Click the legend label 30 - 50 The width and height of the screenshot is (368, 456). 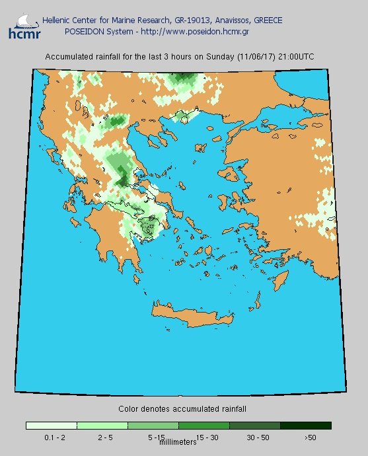[258, 437]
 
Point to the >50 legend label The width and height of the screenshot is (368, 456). [310, 437]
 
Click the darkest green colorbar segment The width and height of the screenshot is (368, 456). [305, 426]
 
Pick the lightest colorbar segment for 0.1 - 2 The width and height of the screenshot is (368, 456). [52, 426]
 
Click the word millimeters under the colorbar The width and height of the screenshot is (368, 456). [178, 441]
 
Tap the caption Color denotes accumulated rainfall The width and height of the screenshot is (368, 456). [182, 409]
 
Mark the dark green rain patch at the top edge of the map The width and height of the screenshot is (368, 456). [180, 80]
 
